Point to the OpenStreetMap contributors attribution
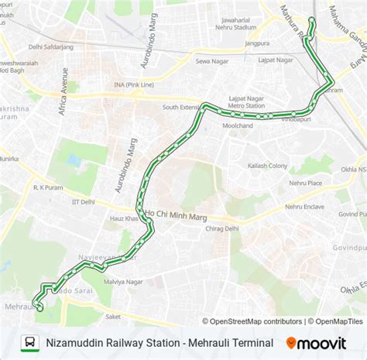tap(256, 321)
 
